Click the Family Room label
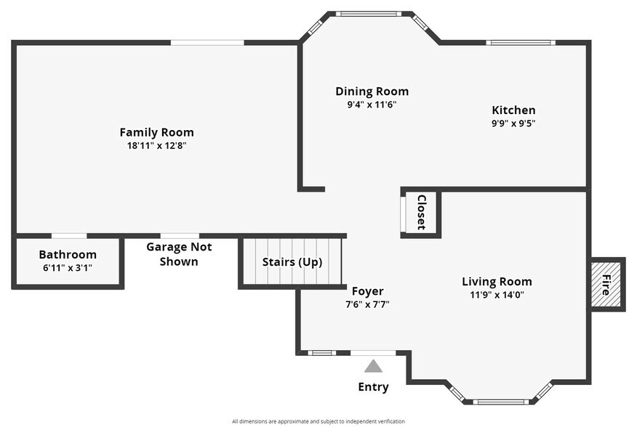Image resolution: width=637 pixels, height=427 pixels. (157, 132)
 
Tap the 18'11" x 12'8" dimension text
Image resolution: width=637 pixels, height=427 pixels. (157, 145)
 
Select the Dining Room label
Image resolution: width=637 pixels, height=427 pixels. (372, 91)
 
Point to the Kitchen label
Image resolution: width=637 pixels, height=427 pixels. (513, 110)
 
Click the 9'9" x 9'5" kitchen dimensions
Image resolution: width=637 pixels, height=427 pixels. (513, 123)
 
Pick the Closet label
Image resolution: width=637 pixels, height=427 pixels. (422, 212)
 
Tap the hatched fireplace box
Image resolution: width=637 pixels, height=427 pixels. (606, 285)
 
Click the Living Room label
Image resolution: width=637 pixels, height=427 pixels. (497, 281)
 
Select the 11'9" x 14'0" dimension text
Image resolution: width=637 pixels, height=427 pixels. (497, 295)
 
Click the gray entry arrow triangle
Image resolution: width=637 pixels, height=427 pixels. (373, 366)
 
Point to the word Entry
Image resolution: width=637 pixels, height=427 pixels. (373, 387)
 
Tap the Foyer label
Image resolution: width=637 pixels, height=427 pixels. (368, 291)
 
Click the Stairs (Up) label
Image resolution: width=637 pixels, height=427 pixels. (292, 262)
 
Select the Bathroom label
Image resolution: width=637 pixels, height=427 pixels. (68, 254)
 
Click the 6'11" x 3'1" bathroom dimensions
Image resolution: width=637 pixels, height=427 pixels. (68, 268)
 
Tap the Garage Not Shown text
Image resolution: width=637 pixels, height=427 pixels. (179, 254)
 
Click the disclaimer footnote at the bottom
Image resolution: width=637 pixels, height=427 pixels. (318, 421)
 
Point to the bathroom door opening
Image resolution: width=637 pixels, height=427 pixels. (69, 236)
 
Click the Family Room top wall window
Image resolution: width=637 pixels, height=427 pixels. (207, 43)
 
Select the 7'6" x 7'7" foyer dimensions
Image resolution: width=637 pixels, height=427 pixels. (368, 304)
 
